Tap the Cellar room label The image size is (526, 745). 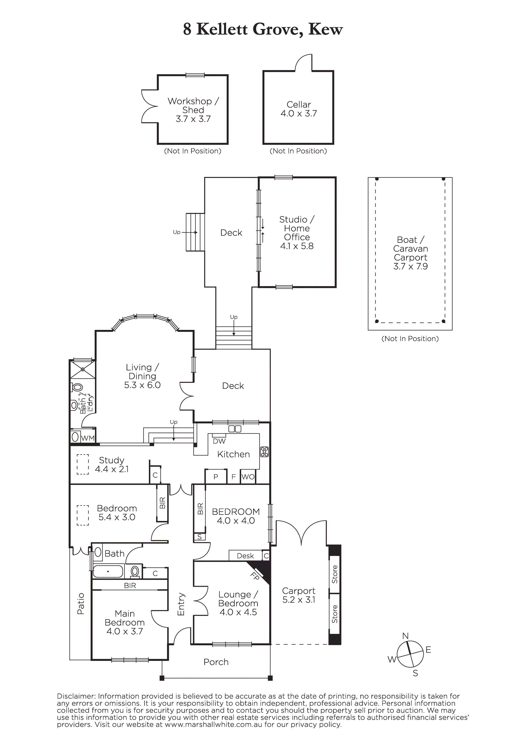299,105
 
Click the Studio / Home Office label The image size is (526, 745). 297,228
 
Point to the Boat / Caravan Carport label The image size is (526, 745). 411,249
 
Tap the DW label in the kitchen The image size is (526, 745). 219,441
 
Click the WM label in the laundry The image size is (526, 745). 87,438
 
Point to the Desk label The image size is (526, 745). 245,556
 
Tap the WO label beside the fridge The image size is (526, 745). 248,477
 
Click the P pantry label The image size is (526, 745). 216,477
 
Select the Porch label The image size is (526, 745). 216,662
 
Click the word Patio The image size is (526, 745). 80,604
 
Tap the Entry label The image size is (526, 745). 181,604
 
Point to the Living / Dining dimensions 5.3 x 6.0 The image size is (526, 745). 142,385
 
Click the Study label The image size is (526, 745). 112,460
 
